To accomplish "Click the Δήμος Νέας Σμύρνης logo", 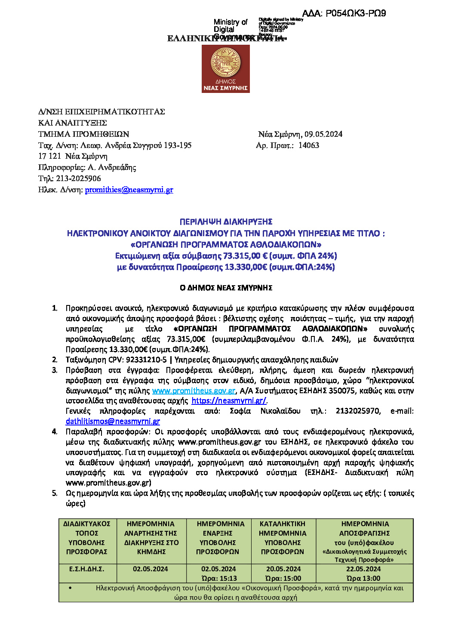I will click(x=226, y=69).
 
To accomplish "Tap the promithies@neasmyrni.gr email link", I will click(x=129, y=190).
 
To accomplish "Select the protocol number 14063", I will click(x=309, y=145).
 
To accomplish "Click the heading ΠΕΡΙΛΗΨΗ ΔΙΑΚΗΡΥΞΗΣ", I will click(x=226, y=222).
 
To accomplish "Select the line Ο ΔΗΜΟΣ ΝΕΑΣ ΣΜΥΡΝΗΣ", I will click(x=226, y=288).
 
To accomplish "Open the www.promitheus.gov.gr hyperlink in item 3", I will click(x=194, y=391).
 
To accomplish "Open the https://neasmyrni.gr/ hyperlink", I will click(x=229, y=401).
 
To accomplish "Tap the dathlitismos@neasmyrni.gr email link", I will click(x=113, y=422).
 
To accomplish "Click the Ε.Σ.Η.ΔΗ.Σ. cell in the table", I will click(x=87, y=569).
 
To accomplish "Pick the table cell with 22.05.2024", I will click(x=363, y=569).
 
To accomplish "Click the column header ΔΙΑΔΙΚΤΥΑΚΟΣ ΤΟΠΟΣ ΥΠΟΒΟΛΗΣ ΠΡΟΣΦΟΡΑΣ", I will click(x=87, y=538).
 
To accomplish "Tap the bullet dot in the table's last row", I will click(x=70, y=588).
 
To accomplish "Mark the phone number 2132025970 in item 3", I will click(x=358, y=411).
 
